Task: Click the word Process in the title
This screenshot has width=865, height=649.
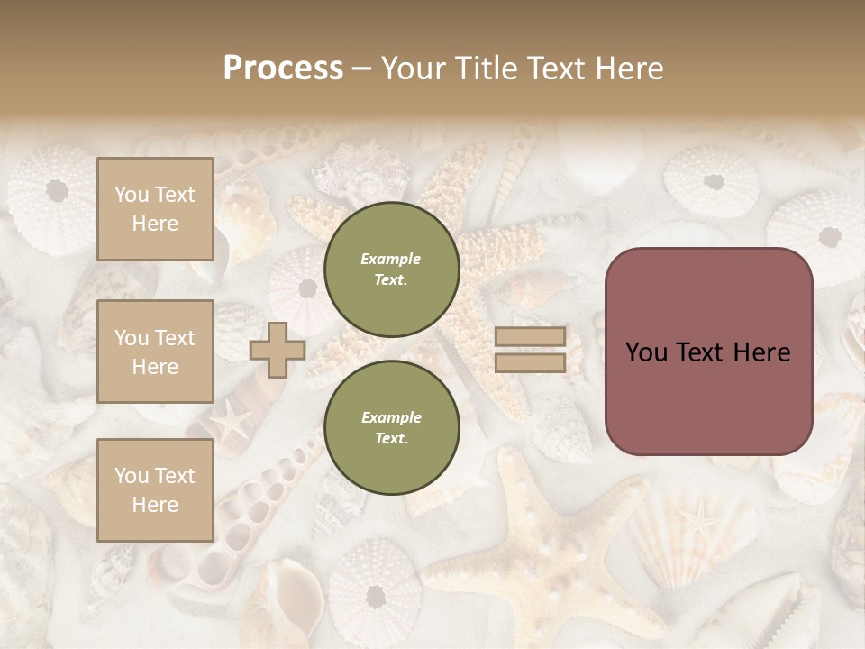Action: pyautogui.click(x=283, y=69)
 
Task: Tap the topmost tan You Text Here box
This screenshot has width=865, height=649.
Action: pyautogui.click(x=155, y=209)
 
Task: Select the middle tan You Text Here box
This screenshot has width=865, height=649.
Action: pyautogui.click(x=155, y=352)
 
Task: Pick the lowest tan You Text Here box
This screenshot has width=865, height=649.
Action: pyautogui.click(x=155, y=490)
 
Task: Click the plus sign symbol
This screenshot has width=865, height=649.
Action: pyautogui.click(x=278, y=350)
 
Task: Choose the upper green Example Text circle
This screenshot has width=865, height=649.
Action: pyautogui.click(x=391, y=270)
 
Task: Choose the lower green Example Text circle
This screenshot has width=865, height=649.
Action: pyautogui.click(x=391, y=428)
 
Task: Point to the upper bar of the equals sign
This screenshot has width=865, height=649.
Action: pyautogui.click(x=530, y=337)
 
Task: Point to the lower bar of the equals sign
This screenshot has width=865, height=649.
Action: pyautogui.click(x=530, y=363)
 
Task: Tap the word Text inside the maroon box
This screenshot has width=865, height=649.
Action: pyautogui.click(x=705, y=352)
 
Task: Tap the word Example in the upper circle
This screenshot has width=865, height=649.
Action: pyautogui.click(x=391, y=259)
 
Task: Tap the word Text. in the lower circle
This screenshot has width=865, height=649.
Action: pyautogui.click(x=391, y=439)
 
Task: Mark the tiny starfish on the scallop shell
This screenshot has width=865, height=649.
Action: pyautogui.click(x=697, y=518)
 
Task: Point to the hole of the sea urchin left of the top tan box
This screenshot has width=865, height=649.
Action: pyautogui.click(x=57, y=190)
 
